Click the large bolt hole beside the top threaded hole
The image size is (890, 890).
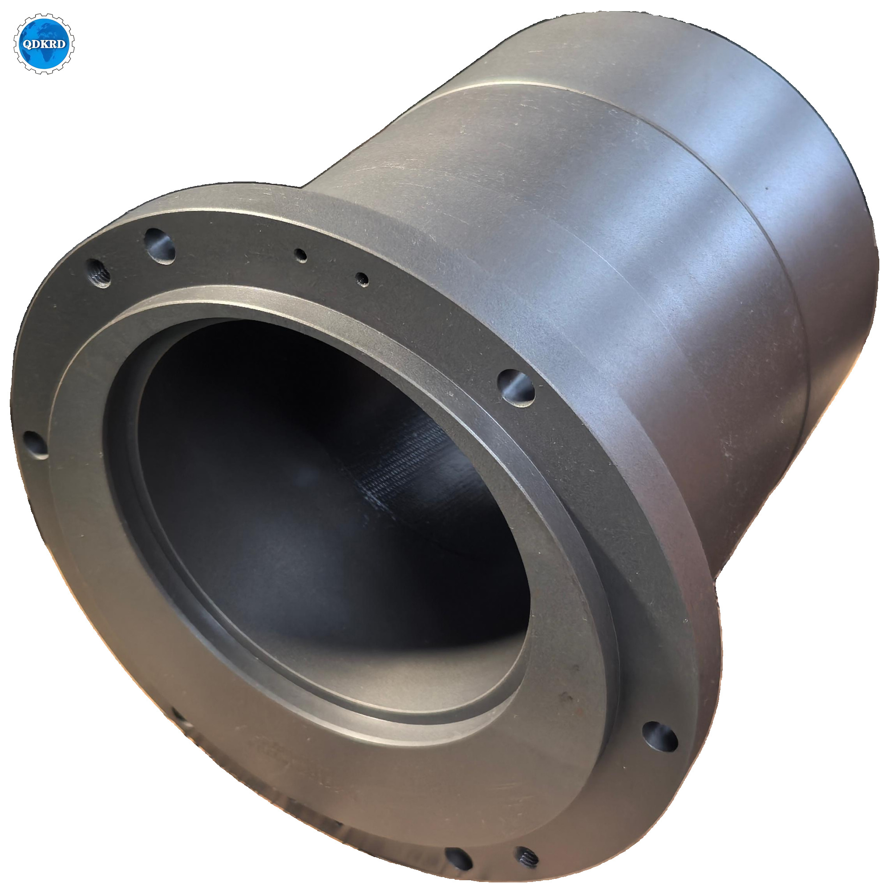(x=160, y=246)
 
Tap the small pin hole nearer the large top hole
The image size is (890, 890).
(x=302, y=255)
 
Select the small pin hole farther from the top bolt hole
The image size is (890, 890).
(x=362, y=279)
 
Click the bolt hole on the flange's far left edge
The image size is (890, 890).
(x=36, y=445)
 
